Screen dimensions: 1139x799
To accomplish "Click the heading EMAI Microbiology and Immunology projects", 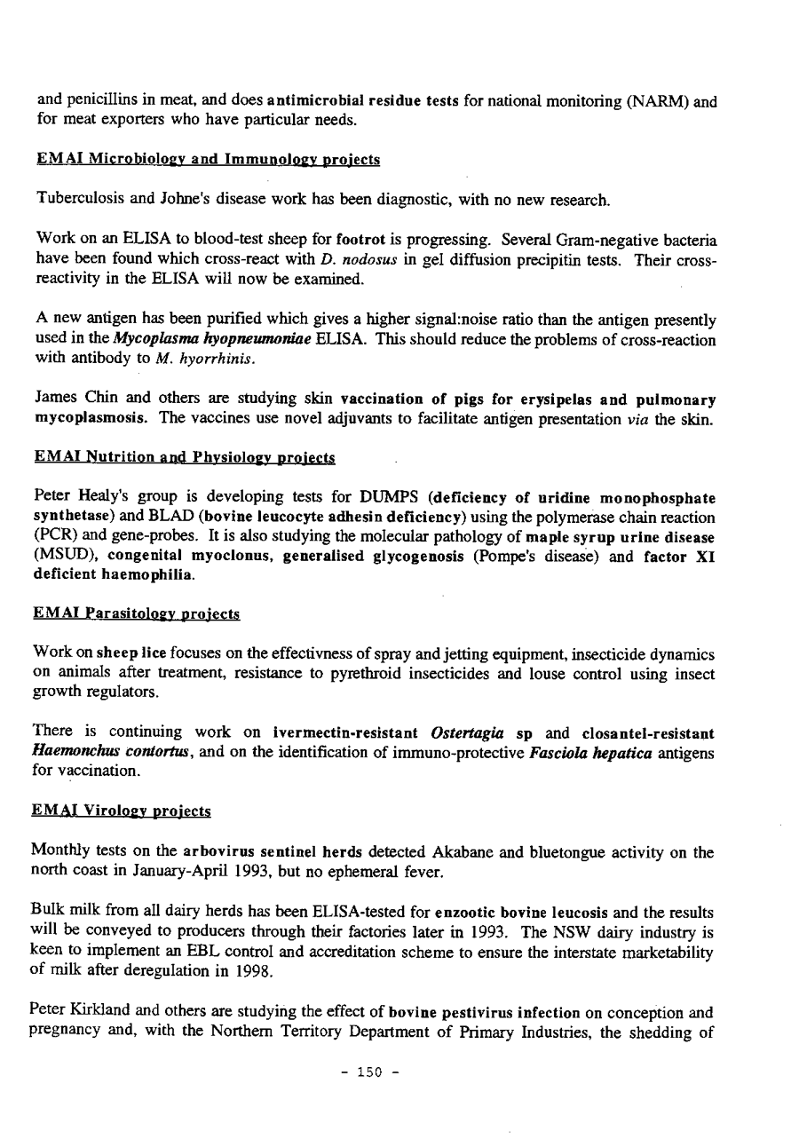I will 208,160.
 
